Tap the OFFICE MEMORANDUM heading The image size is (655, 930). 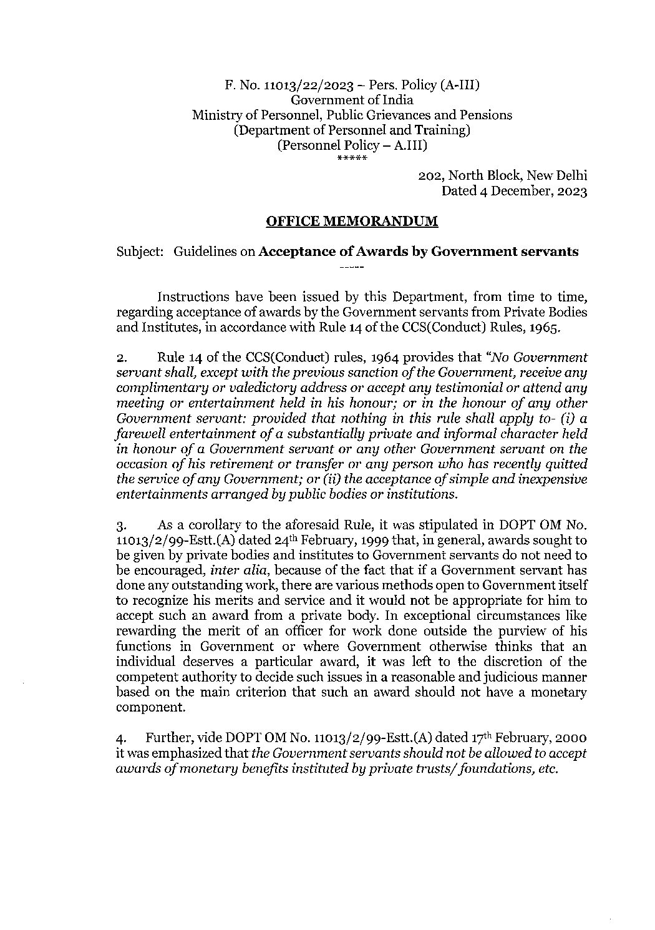pyautogui.click(x=352, y=221)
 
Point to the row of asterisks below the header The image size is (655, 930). pyautogui.click(x=352, y=158)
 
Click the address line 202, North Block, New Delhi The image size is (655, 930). pyautogui.click(x=502, y=177)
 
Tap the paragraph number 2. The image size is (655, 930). pyautogui.click(x=122, y=358)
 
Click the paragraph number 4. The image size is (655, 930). pyautogui.click(x=122, y=739)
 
